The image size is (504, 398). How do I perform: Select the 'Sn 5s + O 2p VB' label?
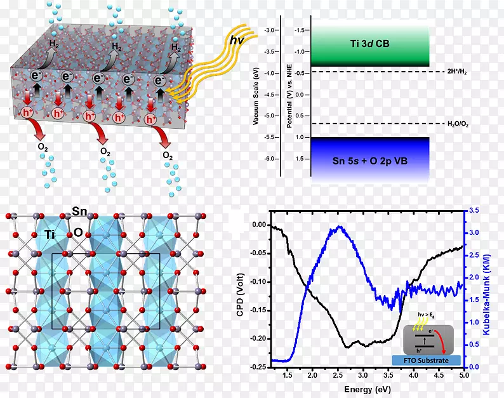pos(369,161)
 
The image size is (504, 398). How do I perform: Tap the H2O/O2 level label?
pos(446,124)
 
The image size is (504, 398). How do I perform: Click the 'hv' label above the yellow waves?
pos(237,41)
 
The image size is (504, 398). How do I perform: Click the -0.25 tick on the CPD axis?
pos(258,367)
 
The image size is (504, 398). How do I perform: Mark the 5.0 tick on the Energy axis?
pos(464,376)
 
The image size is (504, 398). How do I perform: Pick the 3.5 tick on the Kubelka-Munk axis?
pos(474,211)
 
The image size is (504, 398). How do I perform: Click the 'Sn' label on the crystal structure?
pos(79,210)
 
